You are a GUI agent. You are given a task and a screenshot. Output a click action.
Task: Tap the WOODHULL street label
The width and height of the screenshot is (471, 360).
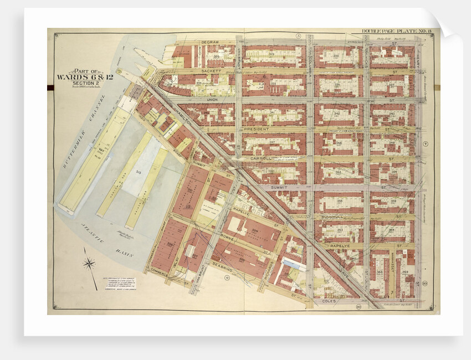click(x=332, y=217)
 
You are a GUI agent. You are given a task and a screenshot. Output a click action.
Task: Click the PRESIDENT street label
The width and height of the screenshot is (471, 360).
click(x=257, y=129)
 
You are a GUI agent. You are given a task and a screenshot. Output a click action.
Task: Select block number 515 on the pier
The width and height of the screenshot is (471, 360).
click(x=136, y=173)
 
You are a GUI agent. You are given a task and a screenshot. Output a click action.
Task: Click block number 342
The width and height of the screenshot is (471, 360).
click(x=338, y=114)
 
